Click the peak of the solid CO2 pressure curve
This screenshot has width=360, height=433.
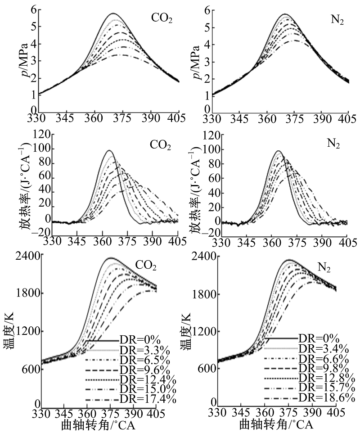pyautogui.click(x=112, y=14)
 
